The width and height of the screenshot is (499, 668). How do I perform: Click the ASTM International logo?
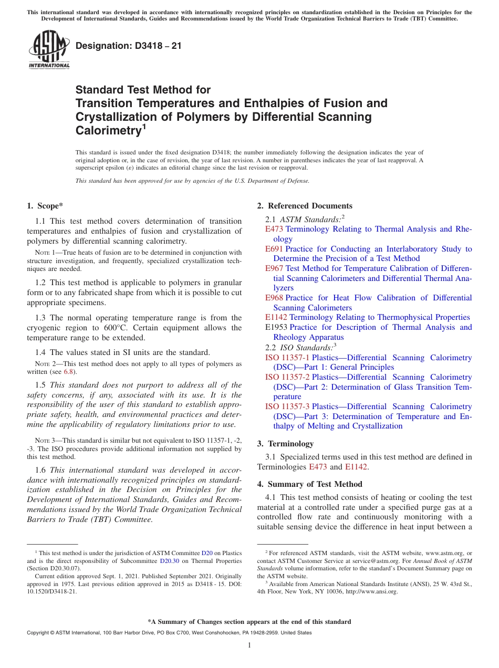49,50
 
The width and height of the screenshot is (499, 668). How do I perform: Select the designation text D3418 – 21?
129,46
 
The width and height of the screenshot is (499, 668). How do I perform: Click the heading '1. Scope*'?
45,206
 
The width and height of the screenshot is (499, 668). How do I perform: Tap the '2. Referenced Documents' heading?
305,206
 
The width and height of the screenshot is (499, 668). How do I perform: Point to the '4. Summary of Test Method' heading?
309,484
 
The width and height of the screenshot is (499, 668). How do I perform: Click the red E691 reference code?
274,249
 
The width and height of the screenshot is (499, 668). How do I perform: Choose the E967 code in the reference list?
274,268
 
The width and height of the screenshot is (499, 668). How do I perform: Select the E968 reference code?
274,298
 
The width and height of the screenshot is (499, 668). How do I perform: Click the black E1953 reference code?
276,327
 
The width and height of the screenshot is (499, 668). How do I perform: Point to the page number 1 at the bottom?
250,645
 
